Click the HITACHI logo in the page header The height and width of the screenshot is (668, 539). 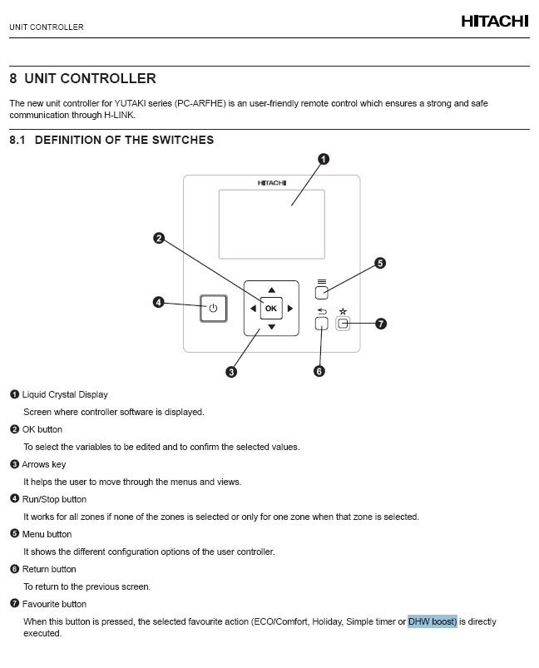coord(494,22)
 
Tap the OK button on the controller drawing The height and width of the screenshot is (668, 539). coord(271,309)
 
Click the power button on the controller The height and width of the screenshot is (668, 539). coord(213,309)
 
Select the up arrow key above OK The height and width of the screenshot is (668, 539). coord(271,290)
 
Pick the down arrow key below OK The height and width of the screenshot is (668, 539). coord(271,327)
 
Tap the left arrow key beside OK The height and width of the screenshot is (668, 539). coord(253,309)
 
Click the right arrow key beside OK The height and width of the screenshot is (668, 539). coord(290,309)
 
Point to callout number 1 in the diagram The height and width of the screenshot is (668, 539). coord(324,159)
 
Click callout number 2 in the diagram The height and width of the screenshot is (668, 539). coord(158,239)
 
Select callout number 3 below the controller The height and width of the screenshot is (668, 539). coord(231,371)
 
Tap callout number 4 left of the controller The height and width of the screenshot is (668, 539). coord(158,302)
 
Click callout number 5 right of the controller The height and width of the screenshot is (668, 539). coord(379,264)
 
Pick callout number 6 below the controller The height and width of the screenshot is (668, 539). coord(319,371)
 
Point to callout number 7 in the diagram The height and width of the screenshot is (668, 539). coord(381,324)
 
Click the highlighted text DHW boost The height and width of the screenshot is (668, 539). coord(433,621)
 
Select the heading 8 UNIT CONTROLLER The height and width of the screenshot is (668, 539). coord(82,79)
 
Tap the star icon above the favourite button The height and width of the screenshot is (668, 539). coord(342,311)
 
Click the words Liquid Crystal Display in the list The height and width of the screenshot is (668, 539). coord(65,394)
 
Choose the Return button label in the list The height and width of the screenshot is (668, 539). coord(49,569)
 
